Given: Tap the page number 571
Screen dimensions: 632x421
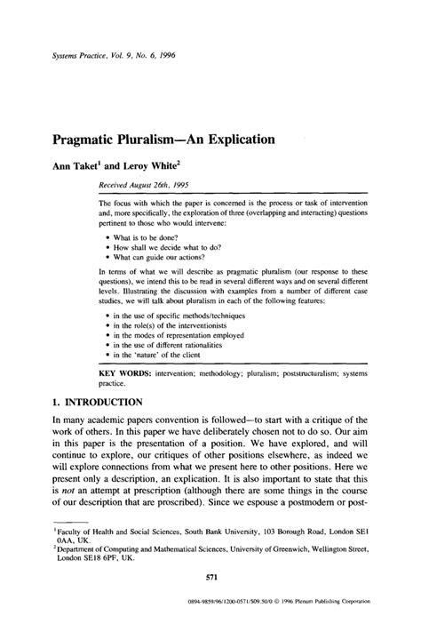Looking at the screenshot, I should click(210, 602).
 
